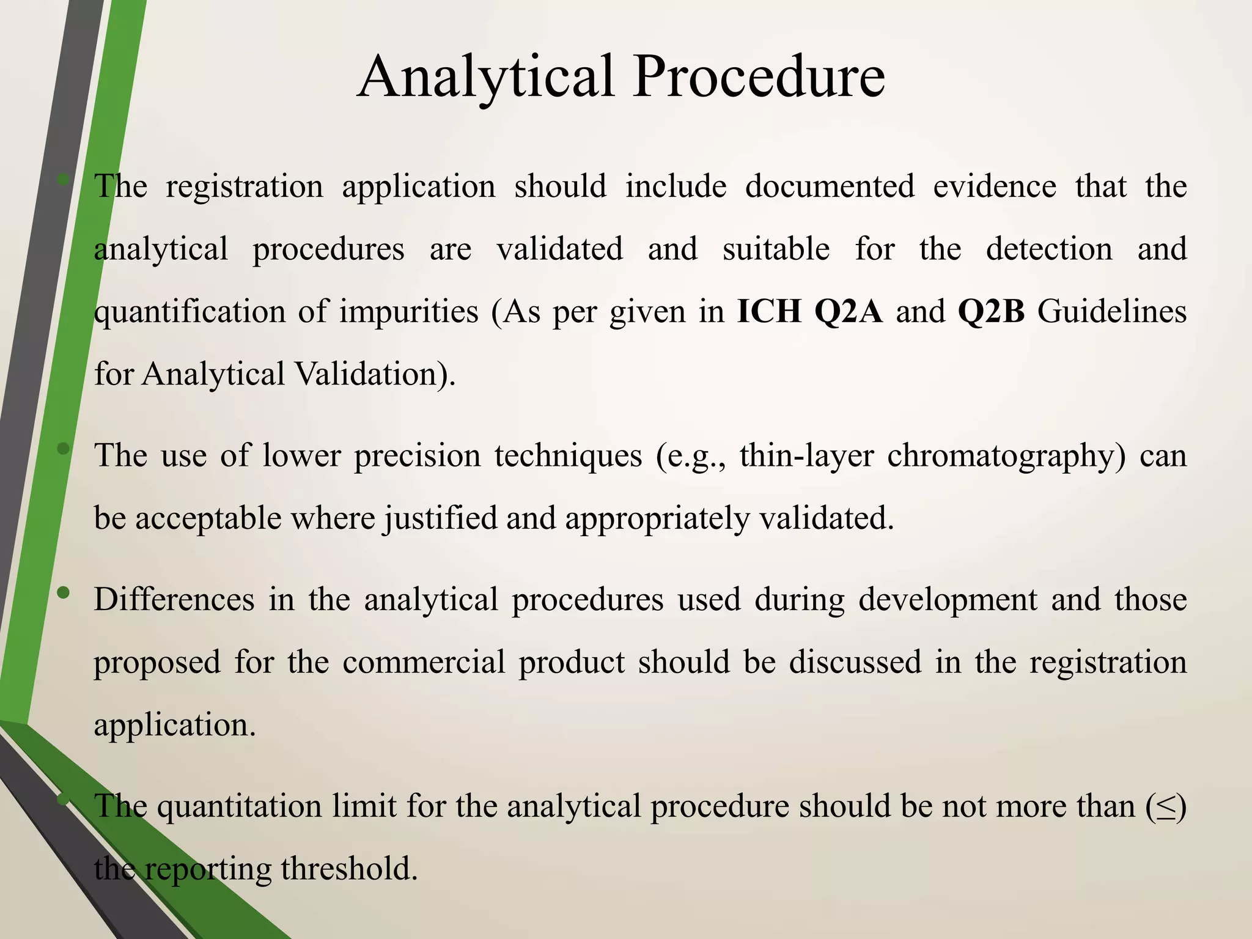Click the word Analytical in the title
(486, 77)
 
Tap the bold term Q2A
(849, 311)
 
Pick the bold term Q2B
(991, 311)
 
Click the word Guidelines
(1112, 311)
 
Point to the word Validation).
(375, 374)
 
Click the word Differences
(174, 599)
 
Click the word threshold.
(349, 869)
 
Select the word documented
(830, 186)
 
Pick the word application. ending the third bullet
(175, 726)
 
